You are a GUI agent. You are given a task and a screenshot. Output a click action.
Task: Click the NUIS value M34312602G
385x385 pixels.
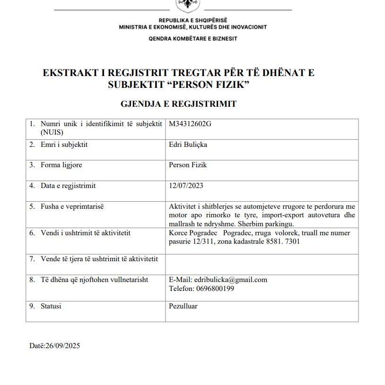[189, 124]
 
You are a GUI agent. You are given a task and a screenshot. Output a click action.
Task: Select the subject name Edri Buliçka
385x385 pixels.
[188, 145]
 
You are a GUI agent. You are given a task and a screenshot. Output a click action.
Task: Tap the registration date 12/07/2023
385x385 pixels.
[186, 186]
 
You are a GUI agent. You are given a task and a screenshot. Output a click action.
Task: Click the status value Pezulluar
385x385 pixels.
[183, 306]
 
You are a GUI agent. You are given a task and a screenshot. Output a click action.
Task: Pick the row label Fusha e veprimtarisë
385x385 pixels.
[72, 206]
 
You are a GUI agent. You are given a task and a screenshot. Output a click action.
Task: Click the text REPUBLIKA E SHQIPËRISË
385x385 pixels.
[193, 20]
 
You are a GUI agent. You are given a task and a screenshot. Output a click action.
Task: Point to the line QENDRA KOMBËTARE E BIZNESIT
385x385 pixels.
[192, 39]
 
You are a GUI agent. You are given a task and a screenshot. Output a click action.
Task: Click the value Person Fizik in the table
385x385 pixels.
[188, 165]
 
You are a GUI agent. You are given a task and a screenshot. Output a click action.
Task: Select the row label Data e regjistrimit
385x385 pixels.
[68, 186]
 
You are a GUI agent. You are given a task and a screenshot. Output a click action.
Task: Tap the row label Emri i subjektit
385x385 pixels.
[64, 145]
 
